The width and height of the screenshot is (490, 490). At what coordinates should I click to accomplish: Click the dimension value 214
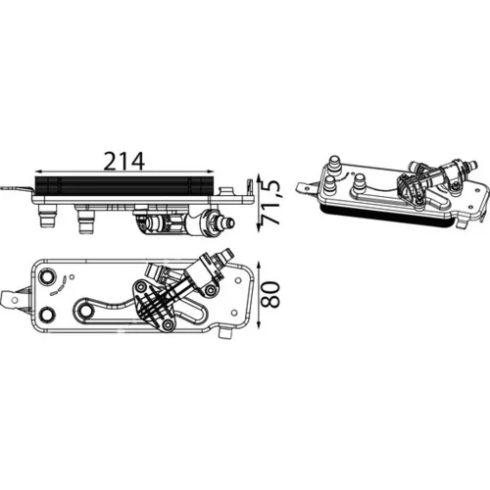tap(124, 161)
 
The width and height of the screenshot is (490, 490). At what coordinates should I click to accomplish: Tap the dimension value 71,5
tap(271, 203)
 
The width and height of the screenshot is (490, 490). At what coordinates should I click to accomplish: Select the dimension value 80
tap(271, 295)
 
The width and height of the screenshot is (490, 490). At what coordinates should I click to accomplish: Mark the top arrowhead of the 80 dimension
tap(259, 266)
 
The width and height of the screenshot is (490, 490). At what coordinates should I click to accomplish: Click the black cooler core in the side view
tap(124, 185)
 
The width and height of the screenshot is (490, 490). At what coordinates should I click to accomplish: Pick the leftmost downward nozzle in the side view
tap(46, 216)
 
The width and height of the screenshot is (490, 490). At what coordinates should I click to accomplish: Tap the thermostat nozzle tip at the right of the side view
tap(229, 222)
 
